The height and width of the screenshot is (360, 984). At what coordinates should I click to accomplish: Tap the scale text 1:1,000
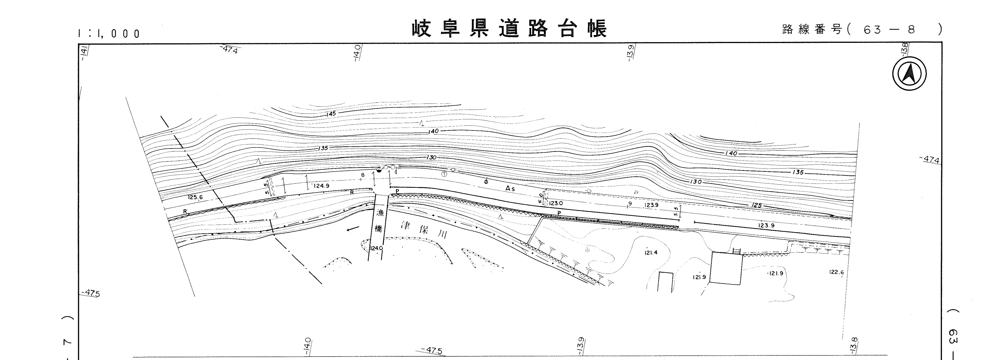pyautogui.click(x=109, y=34)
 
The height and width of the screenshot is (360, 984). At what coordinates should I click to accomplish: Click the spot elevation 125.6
pyautogui.click(x=195, y=197)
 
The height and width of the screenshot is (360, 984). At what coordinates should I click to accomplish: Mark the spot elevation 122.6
pyautogui.click(x=836, y=272)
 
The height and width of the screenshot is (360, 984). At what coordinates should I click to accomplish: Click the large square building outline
pyautogui.click(x=726, y=268)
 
